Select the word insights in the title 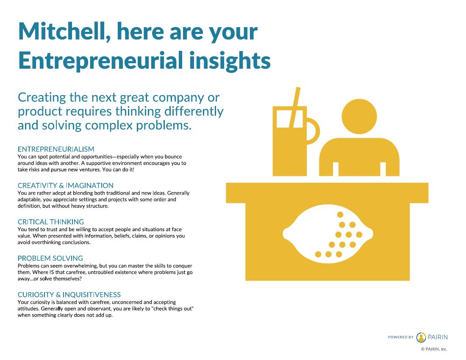pos(230,61)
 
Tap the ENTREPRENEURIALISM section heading pos(56,149)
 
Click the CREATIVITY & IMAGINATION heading pos(65,185)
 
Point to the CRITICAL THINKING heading pos(51,222)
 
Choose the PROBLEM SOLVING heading pos(50,258)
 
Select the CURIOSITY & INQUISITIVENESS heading pos(69,295)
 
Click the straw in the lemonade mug pos(295,107)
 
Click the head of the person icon pos(359,116)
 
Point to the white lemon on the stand pos(328,234)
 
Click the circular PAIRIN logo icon pos(421,338)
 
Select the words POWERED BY pos(401,337)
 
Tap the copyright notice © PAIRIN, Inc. pos(434,349)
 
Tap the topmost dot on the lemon pos(340,215)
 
